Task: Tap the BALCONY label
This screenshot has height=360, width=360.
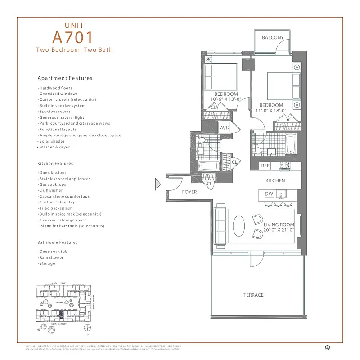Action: [273, 38]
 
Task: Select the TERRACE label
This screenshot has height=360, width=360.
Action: [254, 295]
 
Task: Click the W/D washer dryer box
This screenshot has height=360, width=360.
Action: [225, 128]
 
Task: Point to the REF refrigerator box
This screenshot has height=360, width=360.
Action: [265, 166]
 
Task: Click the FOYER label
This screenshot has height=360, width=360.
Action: [189, 192]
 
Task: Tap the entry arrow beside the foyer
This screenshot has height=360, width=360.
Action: [158, 184]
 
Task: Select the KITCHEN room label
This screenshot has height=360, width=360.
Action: [275, 180]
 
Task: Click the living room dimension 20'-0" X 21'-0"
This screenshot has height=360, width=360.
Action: [279, 230]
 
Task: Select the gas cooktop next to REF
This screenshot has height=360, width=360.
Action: [284, 166]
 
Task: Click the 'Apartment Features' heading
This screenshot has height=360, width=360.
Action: [65, 78]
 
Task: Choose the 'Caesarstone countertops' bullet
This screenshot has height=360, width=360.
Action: [64, 197]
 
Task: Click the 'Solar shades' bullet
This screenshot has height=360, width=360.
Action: [52, 141]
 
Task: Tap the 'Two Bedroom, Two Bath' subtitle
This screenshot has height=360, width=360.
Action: [75, 50]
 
